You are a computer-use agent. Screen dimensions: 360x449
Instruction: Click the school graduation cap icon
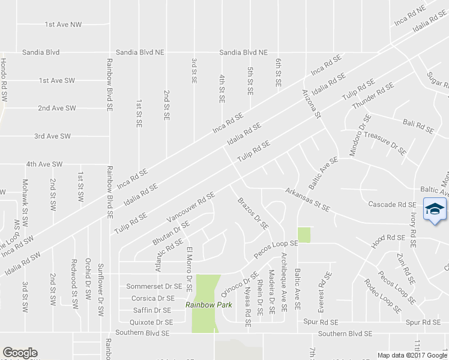pos(434,209)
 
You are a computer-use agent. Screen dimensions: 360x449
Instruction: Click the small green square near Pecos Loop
pos(304,235)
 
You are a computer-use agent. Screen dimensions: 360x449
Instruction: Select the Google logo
pos(20,353)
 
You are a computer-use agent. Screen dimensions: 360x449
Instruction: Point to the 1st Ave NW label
pos(63,25)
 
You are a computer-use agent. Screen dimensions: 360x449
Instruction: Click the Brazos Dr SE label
pos(252,213)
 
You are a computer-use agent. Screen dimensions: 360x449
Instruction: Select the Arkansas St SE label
pos(307,200)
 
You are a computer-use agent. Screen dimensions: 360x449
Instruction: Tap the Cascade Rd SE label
pos(392,204)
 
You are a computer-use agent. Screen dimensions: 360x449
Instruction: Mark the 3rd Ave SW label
pos(52,136)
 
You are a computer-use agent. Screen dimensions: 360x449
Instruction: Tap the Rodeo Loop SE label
pos(381,296)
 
